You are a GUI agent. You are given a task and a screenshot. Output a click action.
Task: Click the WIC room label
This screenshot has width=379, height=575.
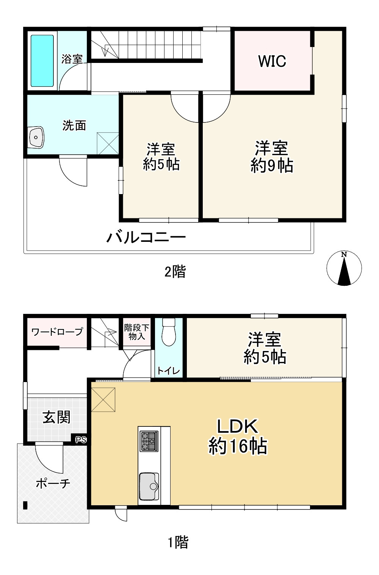[x=272, y=61]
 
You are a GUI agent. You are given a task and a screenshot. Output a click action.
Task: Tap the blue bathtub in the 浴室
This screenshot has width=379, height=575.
[x=42, y=61]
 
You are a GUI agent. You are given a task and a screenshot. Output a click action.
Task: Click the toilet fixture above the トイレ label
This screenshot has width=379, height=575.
[x=169, y=332]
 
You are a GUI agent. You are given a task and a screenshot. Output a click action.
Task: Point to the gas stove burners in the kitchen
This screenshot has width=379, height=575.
[x=149, y=441]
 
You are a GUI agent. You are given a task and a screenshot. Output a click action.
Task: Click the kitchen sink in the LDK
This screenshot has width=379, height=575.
[x=149, y=486]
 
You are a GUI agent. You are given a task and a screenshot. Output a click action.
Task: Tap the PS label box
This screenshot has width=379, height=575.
[x=81, y=440]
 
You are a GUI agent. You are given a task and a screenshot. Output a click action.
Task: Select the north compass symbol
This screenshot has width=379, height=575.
[x=344, y=268]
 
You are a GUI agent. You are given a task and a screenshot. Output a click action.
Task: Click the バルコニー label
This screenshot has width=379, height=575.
[x=146, y=238]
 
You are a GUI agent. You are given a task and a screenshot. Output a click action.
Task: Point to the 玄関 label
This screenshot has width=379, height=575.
[x=56, y=417]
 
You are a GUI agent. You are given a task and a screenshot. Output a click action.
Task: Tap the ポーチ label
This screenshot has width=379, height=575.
[x=53, y=483]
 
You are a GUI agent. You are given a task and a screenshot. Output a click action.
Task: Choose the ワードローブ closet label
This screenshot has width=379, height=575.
[x=57, y=332]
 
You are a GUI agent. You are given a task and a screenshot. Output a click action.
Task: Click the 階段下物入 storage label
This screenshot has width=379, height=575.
[x=137, y=332]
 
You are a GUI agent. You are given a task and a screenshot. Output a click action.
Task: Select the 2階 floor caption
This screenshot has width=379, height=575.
[x=175, y=272]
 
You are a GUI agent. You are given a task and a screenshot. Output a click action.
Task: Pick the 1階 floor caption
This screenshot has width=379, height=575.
[x=178, y=542]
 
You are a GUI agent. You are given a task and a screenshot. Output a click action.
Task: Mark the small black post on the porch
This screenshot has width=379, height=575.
[x=25, y=505]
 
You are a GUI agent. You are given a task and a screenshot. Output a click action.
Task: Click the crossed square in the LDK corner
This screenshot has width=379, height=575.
[x=103, y=400]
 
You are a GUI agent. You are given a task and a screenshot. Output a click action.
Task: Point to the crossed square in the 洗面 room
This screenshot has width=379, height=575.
[x=108, y=143]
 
